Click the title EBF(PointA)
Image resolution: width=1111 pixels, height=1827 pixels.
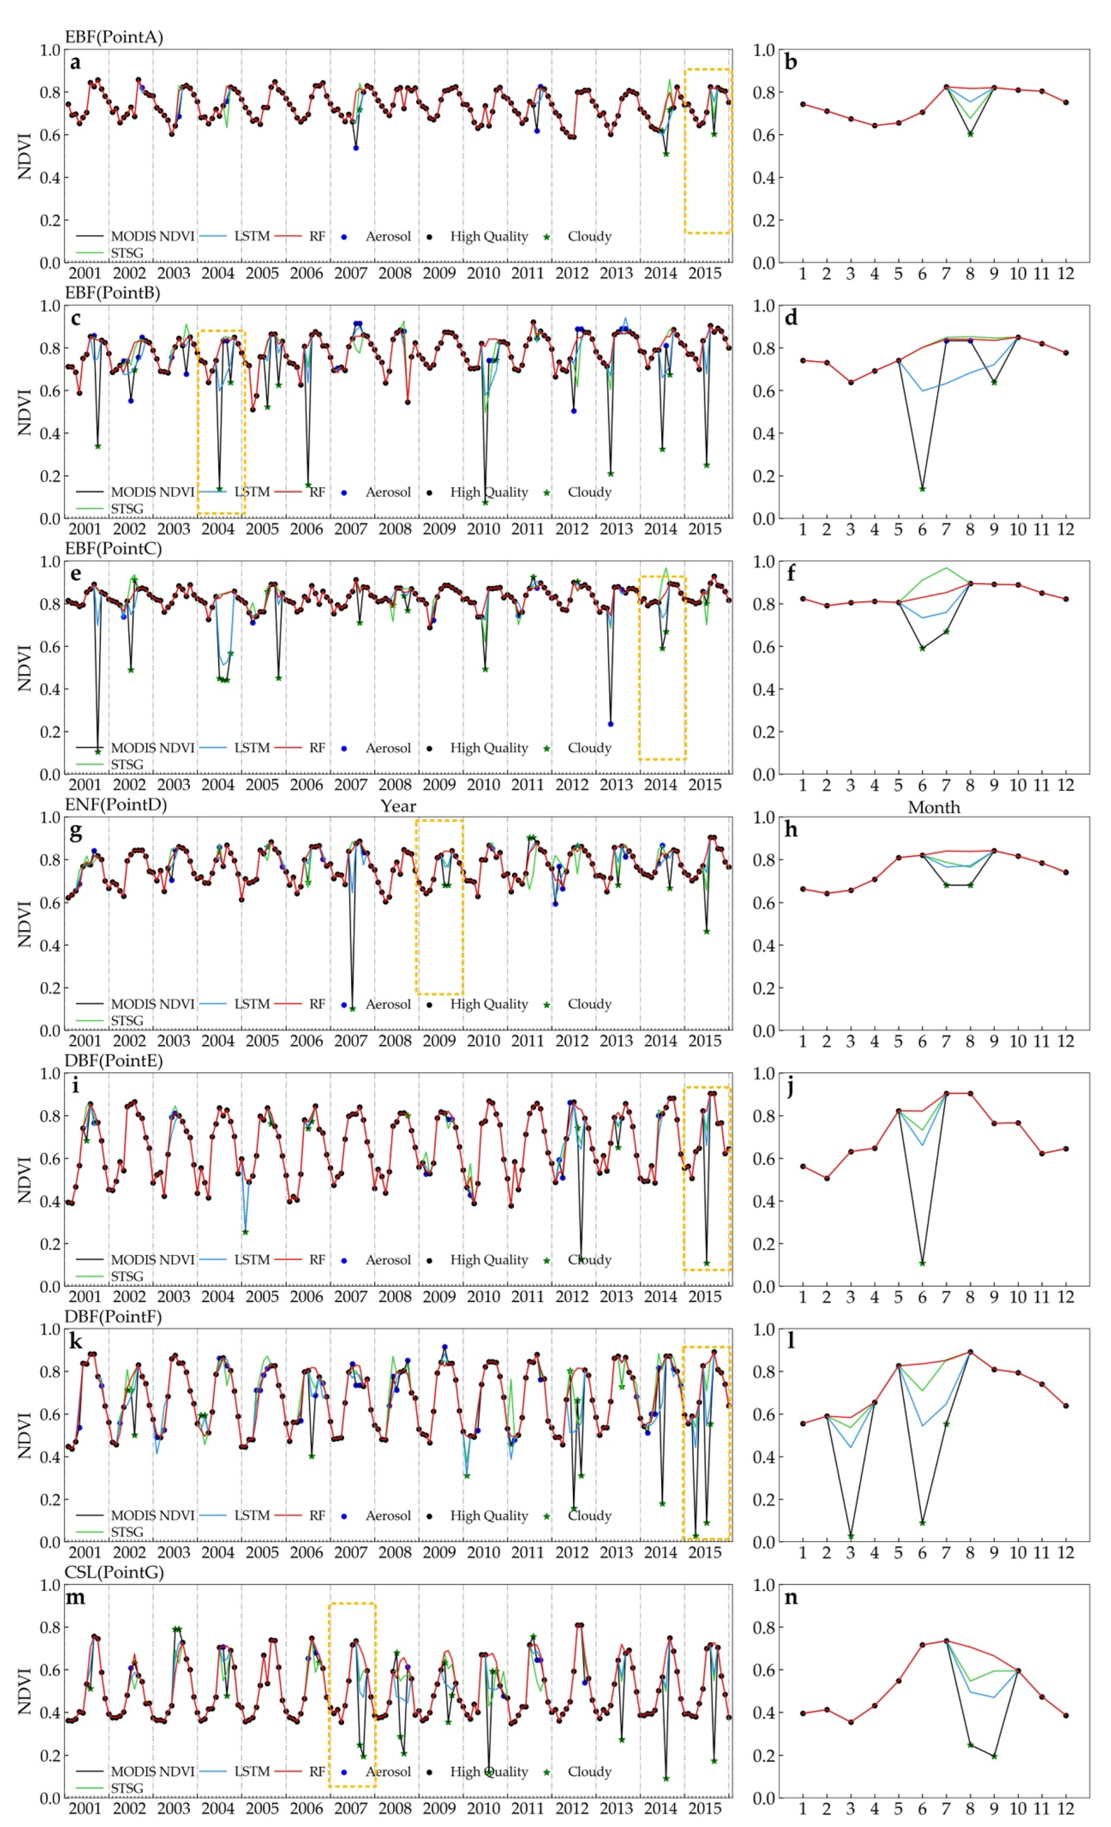pyautogui.click(x=113, y=37)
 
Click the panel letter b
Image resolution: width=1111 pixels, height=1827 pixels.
pyautogui.click(x=791, y=62)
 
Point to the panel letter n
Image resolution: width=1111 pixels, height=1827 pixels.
pyautogui.click(x=791, y=1597)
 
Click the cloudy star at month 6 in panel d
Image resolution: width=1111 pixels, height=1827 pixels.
pyautogui.click(x=922, y=489)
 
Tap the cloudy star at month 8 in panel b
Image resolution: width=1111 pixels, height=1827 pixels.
pyautogui.click(x=970, y=134)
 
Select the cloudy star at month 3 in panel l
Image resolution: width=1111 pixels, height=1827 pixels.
pyautogui.click(x=851, y=1536)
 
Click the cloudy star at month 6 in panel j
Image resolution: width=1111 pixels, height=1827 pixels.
pyautogui.click(x=922, y=1263)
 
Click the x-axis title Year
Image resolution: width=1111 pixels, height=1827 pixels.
pyautogui.click(x=398, y=806)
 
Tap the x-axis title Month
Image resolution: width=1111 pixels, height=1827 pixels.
pyautogui.click(x=934, y=807)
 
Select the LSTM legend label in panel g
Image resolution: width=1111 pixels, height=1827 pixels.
pyautogui.click(x=251, y=1004)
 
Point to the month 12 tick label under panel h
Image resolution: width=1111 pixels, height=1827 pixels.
pyautogui.click(x=1065, y=1041)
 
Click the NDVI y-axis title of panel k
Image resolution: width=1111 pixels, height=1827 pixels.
pyautogui.click(x=25, y=1435)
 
